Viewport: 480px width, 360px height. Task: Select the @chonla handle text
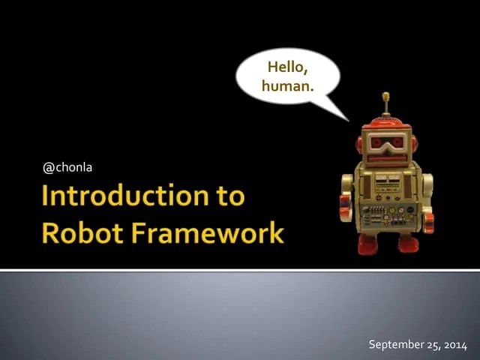(x=67, y=166)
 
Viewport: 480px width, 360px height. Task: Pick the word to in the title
(x=228, y=196)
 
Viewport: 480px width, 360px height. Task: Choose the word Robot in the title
(x=78, y=232)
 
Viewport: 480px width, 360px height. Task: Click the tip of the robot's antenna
(x=386, y=95)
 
